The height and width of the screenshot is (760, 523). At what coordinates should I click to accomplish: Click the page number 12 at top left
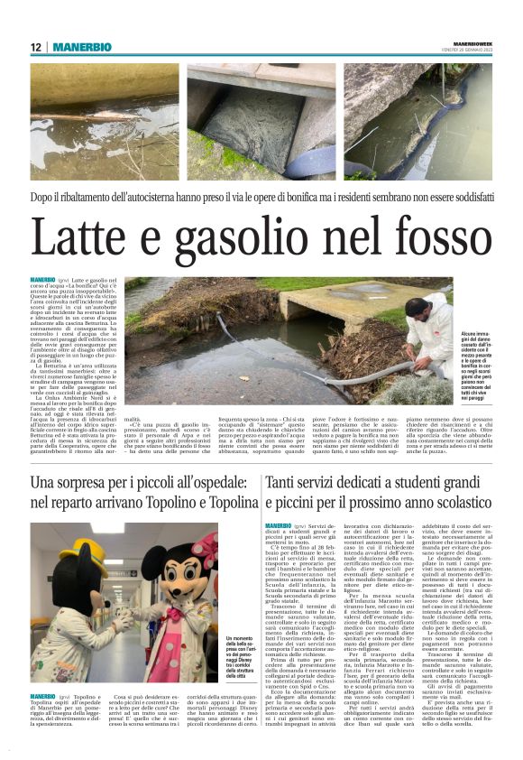36,47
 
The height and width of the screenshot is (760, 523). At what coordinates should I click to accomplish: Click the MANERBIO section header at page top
81,47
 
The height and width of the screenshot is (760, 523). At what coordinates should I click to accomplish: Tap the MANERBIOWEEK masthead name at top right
473,43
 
